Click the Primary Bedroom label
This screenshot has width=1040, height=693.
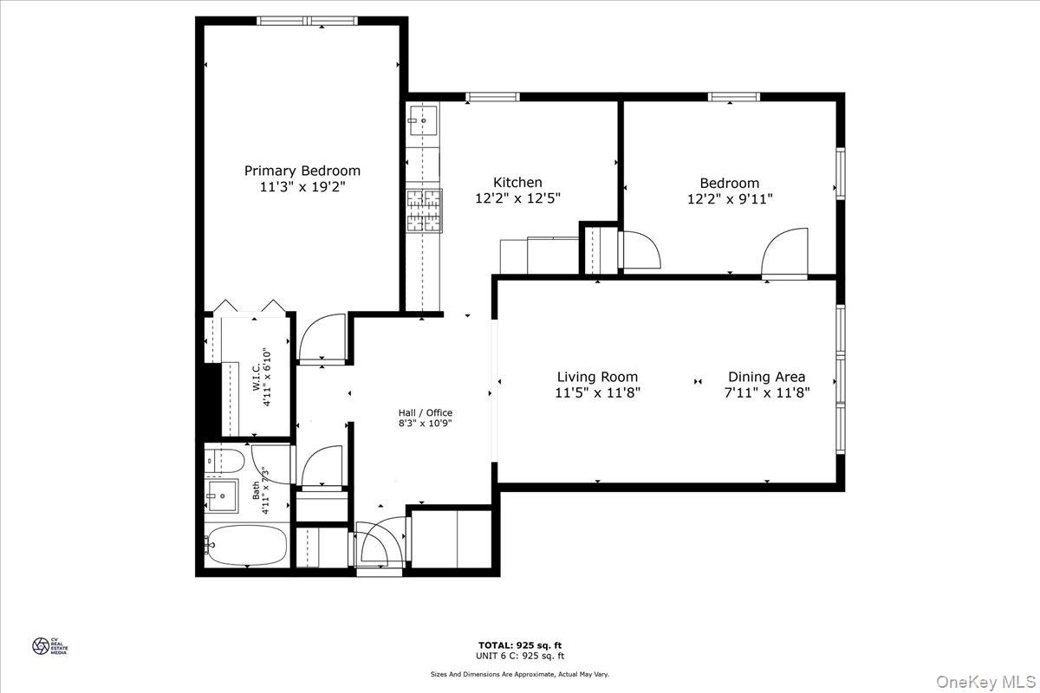302,171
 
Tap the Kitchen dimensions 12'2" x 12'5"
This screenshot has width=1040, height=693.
517,198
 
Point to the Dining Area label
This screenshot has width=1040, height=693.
766,377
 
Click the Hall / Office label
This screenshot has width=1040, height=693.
425,412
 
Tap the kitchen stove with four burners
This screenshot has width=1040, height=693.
424,211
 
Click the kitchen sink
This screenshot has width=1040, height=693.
424,120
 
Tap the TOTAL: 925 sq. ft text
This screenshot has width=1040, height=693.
519,645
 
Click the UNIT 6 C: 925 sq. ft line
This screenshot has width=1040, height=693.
519,657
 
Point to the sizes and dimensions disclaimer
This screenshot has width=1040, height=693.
519,674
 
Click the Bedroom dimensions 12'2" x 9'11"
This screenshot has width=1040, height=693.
729,198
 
